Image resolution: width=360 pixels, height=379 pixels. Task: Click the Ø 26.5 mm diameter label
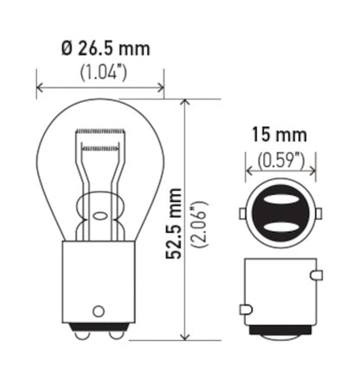tap(100, 48)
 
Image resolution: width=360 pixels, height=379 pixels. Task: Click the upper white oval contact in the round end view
tap(279, 200)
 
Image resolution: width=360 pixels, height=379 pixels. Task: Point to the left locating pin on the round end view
tap(241, 213)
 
